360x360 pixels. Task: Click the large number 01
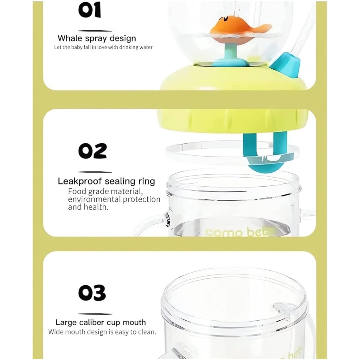tap(90, 10)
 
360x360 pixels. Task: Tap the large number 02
tap(92, 151)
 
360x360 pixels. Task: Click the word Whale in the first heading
tap(70, 38)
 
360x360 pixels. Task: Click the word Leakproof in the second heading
tap(80, 181)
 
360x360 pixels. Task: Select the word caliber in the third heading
tap(91, 322)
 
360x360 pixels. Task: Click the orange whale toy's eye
tap(225, 19)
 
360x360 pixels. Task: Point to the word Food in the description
tap(77, 192)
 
